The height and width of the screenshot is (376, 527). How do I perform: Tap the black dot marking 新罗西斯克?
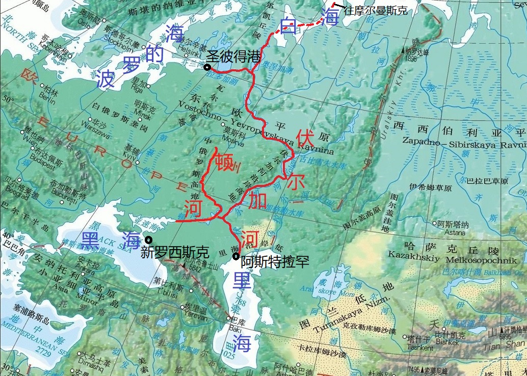tap(148, 240)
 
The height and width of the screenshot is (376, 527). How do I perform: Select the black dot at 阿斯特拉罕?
tap(235, 256)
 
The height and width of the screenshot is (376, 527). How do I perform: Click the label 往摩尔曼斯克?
tap(375, 10)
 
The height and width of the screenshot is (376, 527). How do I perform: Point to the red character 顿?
tap(224, 163)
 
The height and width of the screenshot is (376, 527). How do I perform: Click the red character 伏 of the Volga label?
tap(305, 138)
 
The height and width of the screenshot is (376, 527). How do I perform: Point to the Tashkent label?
tap(420, 347)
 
